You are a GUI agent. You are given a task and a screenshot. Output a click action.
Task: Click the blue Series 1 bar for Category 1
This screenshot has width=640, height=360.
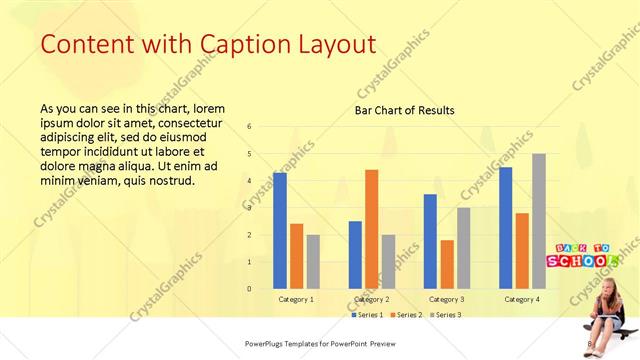point(280,230)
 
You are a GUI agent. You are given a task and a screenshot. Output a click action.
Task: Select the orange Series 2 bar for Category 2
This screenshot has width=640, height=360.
point(371,228)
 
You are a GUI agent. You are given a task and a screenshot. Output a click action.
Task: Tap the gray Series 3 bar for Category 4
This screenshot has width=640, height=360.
point(539,220)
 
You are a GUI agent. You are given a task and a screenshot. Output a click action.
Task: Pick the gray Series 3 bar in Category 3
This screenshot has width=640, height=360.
point(464,247)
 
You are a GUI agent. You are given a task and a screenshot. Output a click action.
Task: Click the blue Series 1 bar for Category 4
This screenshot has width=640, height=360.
point(506,227)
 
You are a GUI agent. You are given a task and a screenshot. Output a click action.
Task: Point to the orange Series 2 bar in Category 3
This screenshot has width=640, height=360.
point(447,264)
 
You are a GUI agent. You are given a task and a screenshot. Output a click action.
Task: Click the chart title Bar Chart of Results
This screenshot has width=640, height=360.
point(405,110)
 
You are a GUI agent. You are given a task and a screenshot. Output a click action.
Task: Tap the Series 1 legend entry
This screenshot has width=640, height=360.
point(366,315)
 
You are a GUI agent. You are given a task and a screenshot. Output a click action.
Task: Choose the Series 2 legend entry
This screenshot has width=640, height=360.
point(405,315)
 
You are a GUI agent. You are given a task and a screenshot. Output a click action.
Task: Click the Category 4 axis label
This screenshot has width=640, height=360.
point(522,299)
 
